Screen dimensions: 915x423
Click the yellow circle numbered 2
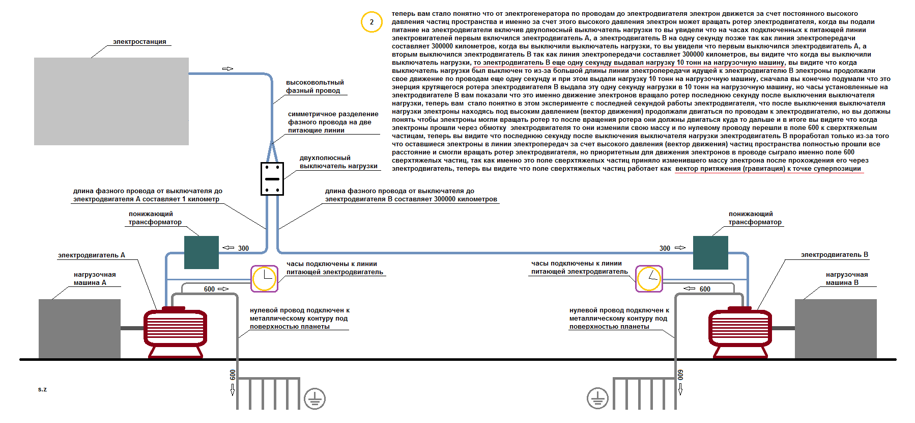coord(371,22)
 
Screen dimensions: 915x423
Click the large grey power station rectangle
coord(111,101)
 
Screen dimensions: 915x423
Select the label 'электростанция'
coord(139,42)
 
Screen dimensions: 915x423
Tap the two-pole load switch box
coord(272,179)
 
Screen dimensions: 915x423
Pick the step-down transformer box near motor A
coord(202,252)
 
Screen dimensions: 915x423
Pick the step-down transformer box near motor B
coord(710,252)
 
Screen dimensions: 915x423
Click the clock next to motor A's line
coord(265,279)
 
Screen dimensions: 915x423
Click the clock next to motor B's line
coord(649,279)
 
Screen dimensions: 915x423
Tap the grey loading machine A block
coord(79,329)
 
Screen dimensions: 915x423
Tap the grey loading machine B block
coord(836,329)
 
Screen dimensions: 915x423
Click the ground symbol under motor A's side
coord(314,399)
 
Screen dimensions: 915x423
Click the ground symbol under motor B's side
coord(597,399)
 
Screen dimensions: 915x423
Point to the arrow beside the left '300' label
coord(228,248)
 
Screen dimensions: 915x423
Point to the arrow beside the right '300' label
coord(680,248)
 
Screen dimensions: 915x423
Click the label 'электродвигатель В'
coord(835,255)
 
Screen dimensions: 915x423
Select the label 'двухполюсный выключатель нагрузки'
coord(338,162)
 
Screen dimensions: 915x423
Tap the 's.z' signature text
coord(42,389)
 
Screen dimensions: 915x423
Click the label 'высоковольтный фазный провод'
coord(314,87)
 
